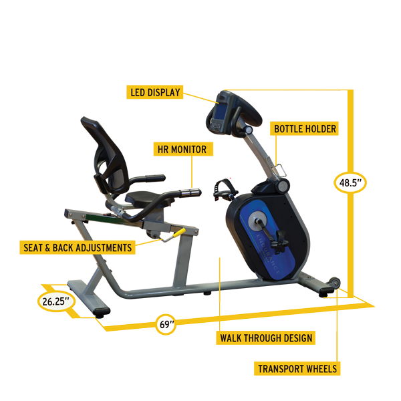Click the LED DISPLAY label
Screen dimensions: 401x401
pyautogui.click(x=155, y=92)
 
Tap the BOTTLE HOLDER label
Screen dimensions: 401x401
pyautogui.click(x=304, y=128)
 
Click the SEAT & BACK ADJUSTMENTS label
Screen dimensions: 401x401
pyautogui.click(x=76, y=247)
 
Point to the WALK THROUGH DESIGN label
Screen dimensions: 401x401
pyautogui.click(x=265, y=338)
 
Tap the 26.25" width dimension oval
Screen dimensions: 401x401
pyautogui.click(x=55, y=301)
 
